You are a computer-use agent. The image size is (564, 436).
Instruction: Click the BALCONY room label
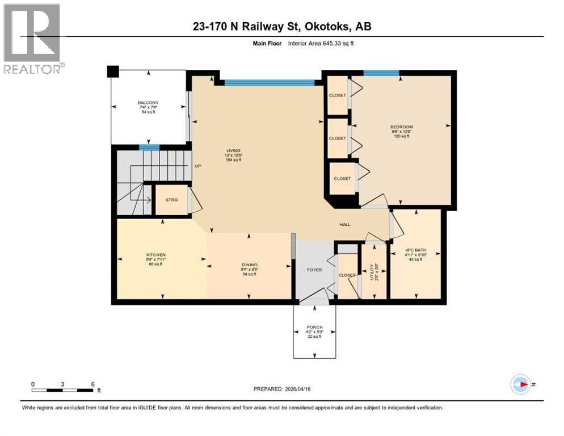click(148, 102)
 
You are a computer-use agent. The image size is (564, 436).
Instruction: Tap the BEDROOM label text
click(401, 127)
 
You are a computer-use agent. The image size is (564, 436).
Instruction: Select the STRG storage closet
click(171, 200)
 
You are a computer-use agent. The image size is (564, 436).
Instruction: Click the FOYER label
click(314, 270)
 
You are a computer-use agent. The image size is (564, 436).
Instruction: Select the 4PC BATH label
click(416, 250)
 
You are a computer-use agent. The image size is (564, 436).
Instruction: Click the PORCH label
click(314, 327)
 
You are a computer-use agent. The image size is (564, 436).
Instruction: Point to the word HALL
click(344, 224)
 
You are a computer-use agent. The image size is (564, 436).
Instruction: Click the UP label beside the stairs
click(198, 167)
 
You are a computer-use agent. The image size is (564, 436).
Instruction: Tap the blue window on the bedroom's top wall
click(381, 73)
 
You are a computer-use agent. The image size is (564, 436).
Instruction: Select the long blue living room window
click(269, 83)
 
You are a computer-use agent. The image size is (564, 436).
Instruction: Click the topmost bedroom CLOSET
click(337, 95)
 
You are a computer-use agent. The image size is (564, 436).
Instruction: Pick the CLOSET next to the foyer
click(346, 275)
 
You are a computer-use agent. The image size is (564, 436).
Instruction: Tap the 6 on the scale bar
click(92, 384)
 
